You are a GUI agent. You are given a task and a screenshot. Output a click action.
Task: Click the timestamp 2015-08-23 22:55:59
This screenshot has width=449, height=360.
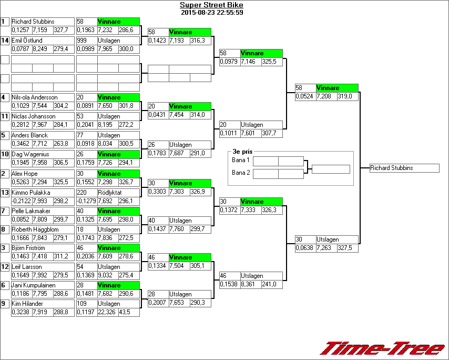(x=211, y=13)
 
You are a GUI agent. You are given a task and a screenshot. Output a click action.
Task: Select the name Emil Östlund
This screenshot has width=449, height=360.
(x=27, y=41)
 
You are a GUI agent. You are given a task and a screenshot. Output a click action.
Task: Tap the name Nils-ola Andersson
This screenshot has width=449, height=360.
(x=35, y=97)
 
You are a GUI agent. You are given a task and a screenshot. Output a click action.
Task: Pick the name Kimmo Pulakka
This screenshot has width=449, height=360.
(x=30, y=193)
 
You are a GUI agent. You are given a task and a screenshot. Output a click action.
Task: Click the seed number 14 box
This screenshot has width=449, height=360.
(x=5, y=41)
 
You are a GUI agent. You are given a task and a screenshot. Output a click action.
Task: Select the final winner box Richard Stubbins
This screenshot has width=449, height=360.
(x=404, y=168)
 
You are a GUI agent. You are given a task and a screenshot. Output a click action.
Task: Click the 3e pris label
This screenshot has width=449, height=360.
(x=242, y=152)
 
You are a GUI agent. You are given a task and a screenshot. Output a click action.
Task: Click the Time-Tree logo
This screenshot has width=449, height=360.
(x=382, y=348)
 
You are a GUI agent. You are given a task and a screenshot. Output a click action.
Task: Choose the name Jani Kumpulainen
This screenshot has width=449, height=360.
(x=33, y=285)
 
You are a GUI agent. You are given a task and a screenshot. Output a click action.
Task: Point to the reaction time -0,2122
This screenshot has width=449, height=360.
(x=22, y=201)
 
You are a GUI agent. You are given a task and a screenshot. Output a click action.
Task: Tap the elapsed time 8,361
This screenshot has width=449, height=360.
(x=250, y=284)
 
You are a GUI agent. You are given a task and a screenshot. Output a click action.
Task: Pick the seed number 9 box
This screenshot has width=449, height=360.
(x=5, y=304)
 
